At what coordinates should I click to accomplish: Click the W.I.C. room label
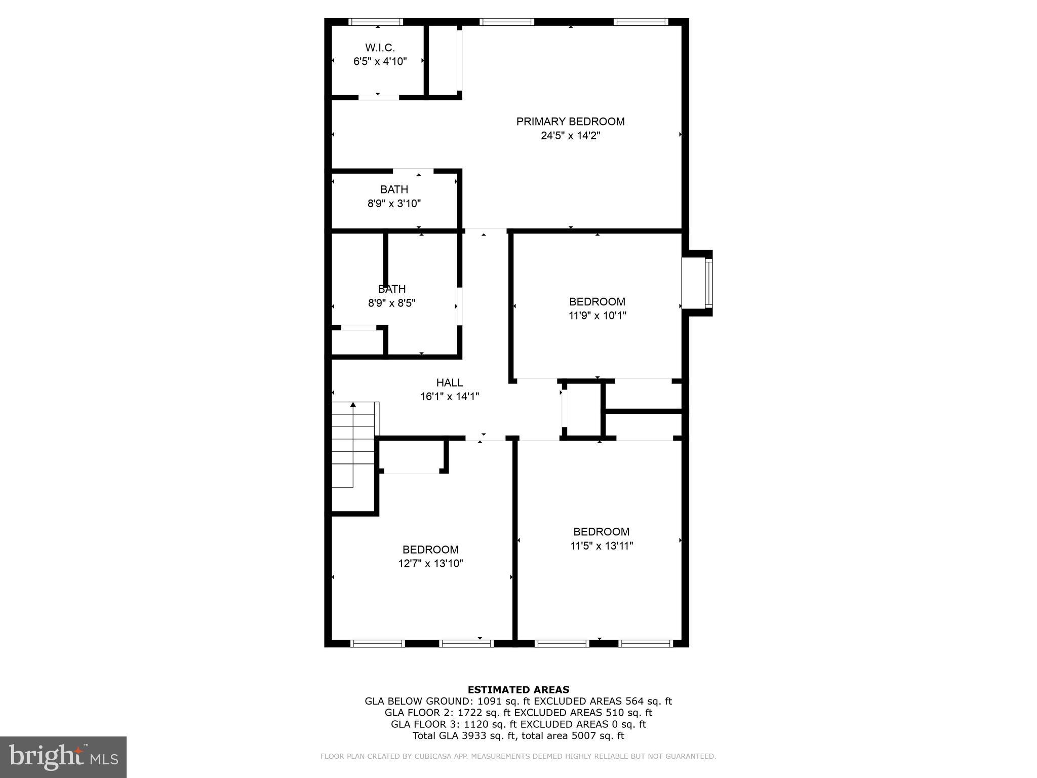380,48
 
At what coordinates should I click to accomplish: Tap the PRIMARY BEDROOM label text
570,122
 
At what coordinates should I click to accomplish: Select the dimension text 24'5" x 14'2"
570,136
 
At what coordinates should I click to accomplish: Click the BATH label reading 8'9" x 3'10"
394,189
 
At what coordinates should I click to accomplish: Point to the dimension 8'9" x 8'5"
391,303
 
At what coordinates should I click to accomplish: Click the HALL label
449,383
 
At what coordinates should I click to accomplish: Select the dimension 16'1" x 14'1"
449,397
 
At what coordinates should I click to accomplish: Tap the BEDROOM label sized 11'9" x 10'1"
597,302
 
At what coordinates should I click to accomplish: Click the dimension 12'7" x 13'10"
430,563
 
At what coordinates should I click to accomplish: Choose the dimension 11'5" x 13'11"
601,546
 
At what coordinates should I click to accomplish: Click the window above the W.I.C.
376,22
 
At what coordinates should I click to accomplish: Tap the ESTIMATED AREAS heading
518,689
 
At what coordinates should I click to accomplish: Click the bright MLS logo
63,757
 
